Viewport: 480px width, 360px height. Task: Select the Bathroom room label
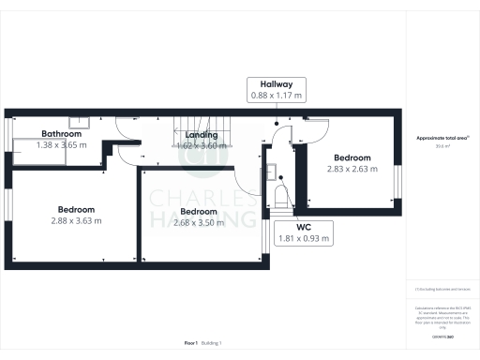[41, 134]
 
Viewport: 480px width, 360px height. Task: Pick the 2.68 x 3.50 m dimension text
[187, 222]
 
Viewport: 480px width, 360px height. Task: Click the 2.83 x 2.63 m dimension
[352, 169]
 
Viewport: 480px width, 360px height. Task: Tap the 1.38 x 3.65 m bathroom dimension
[47, 145]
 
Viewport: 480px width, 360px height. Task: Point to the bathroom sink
[81, 120]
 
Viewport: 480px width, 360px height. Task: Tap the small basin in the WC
[270, 171]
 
